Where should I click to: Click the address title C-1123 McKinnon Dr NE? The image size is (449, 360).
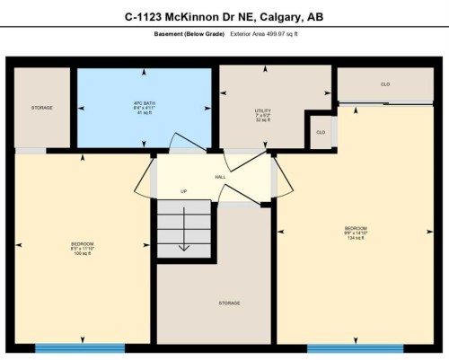pyautogui.click(x=224, y=16)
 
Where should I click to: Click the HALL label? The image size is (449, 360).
pyautogui.click(x=220, y=177)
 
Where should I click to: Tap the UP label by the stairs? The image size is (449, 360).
pyautogui.click(x=183, y=191)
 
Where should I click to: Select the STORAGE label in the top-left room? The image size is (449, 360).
pyautogui.click(x=41, y=108)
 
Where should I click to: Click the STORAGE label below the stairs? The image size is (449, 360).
pyautogui.click(x=229, y=303)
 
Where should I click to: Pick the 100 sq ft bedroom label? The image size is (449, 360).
pyautogui.click(x=82, y=248)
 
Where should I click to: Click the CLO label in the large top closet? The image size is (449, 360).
pyautogui.click(x=385, y=84)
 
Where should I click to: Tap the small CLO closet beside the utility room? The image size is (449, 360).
pyautogui.click(x=320, y=132)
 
